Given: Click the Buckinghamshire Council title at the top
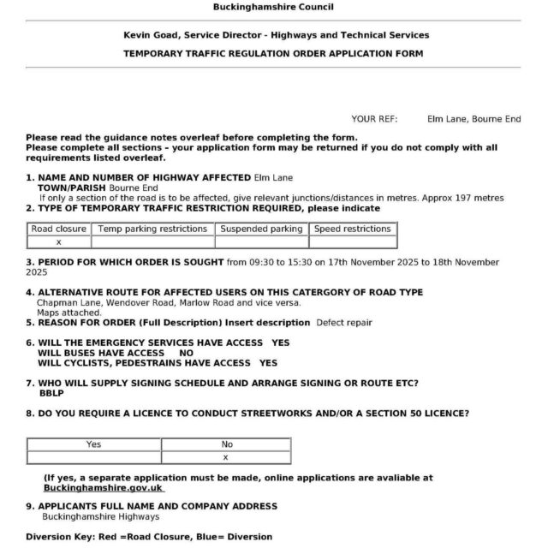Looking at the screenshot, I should [273, 8].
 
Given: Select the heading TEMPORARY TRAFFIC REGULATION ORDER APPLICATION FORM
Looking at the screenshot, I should [274, 53].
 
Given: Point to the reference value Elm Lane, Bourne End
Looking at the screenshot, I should [474, 119].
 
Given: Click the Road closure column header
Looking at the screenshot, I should [58, 229].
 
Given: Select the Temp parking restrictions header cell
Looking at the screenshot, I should [152, 229].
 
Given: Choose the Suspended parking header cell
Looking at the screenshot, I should [261, 229].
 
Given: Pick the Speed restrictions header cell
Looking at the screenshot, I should [352, 229].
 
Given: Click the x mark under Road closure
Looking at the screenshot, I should [58, 242].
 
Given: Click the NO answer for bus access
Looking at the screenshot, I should [186, 353].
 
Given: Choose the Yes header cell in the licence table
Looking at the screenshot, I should [93, 444].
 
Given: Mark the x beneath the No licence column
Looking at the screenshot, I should [226, 457].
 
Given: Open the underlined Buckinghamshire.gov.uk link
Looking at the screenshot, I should [103, 488].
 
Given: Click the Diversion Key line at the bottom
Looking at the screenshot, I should [149, 537].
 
